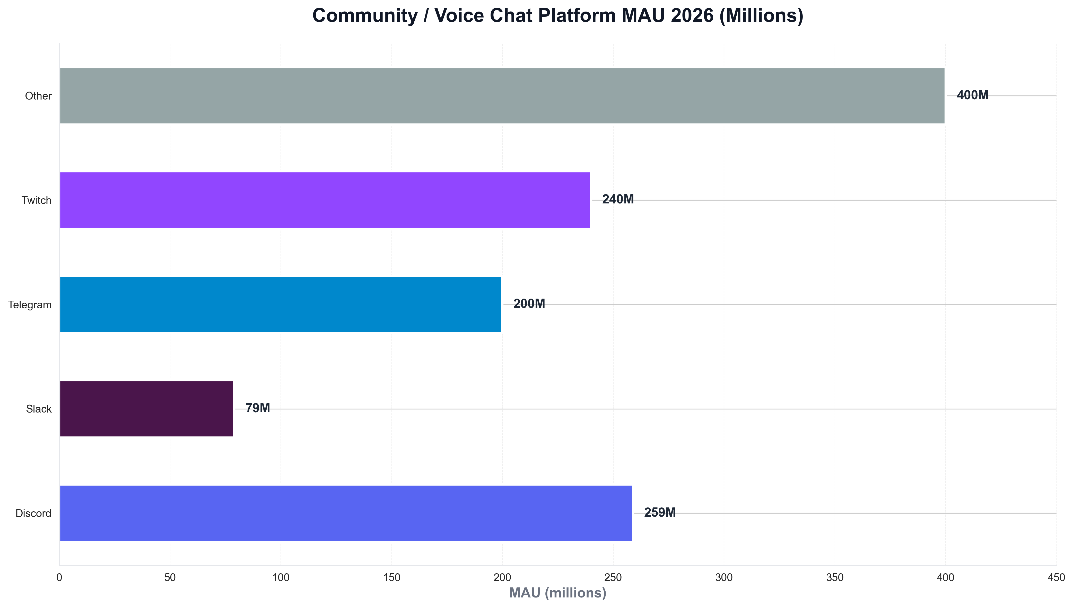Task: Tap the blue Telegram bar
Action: pos(280,305)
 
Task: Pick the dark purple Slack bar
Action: pos(146,409)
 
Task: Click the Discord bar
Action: pos(346,513)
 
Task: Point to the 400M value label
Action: pos(972,95)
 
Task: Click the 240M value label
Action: pos(617,200)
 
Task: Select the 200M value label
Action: pos(529,304)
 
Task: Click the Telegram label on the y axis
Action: pos(30,305)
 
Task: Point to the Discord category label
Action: pos(33,513)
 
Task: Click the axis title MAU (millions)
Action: pos(557,593)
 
